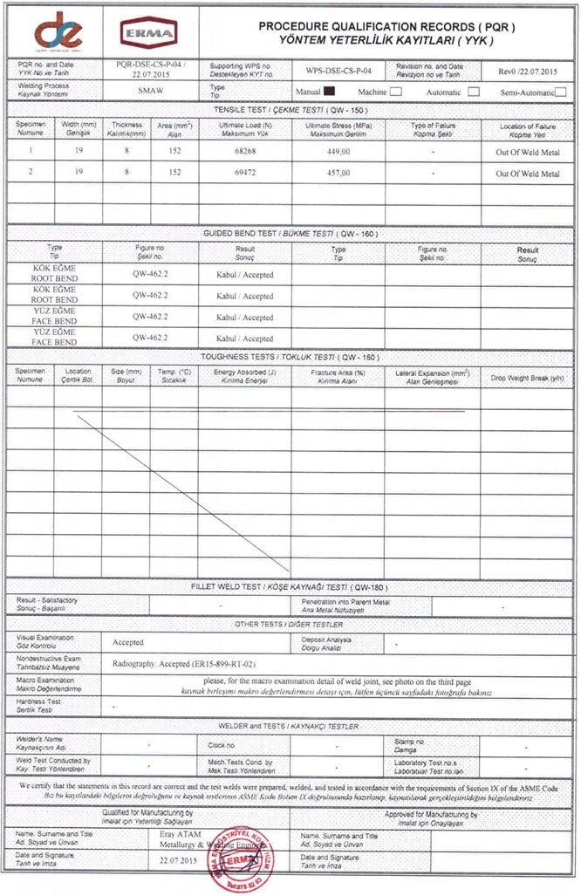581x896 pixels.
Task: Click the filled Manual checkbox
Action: pos(330,91)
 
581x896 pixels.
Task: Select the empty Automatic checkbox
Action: pos(474,91)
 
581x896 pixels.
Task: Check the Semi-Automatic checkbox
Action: pos(561,92)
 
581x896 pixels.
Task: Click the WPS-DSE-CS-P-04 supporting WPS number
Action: pos(339,70)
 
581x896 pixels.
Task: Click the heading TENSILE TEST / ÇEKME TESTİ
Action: pos(288,110)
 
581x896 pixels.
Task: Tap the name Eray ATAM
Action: pos(181,834)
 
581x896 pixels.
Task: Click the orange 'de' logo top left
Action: pos(57,31)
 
